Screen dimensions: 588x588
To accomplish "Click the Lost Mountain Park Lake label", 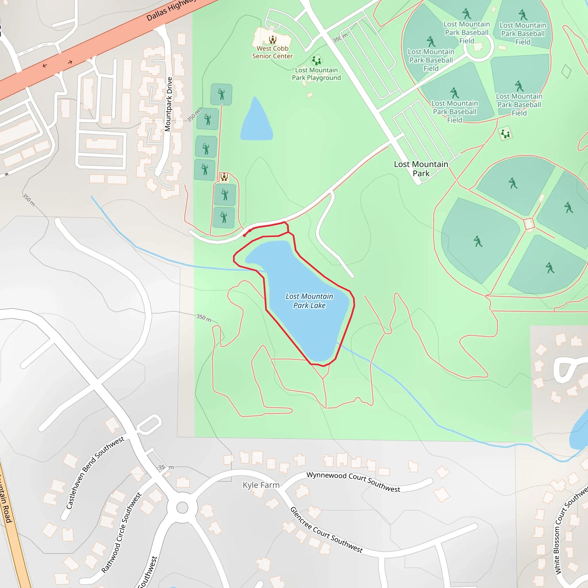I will (x=309, y=301).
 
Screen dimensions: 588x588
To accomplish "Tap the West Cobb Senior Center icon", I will (x=272, y=39).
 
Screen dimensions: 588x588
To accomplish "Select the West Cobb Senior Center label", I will (x=272, y=52).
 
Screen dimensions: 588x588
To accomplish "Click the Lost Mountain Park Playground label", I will (x=316, y=74).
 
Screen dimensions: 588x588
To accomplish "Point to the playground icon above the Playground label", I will (x=316, y=60).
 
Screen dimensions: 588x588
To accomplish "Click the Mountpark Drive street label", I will (x=169, y=104).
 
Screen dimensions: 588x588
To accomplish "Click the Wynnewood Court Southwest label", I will (x=353, y=481).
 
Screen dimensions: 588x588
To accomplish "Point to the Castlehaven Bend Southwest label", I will (x=95, y=472).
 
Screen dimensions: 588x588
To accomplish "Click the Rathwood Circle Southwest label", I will (x=121, y=533).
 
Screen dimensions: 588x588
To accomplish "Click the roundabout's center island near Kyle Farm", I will (x=182, y=507).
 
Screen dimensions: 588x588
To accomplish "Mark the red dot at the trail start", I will (x=244, y=235).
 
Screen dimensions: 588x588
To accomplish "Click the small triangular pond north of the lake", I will (x=256, y=122).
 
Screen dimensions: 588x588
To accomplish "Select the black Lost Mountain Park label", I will (x=421, y=169).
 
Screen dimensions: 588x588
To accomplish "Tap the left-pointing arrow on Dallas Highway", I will (x=45, y=65).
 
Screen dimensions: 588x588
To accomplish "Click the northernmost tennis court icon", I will (x=221, y=94).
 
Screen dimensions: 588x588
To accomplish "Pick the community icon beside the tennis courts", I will (x=224, y=177).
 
